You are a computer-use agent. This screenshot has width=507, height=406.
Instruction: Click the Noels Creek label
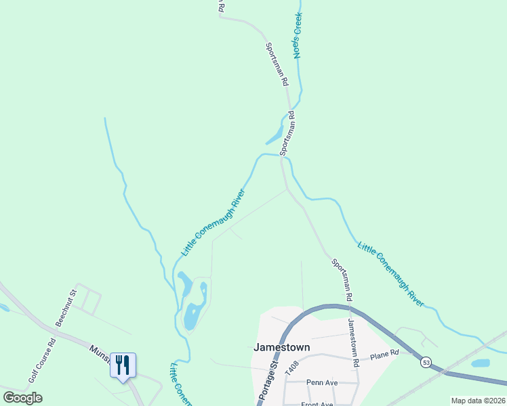(296, 35)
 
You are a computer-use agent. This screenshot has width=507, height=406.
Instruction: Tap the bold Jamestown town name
(281, 347)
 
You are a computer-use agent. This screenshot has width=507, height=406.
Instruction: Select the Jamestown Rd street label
(353, 342)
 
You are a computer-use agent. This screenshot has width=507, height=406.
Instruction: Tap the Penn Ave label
(321, 382)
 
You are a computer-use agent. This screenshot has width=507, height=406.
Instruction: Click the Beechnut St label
(67, 309)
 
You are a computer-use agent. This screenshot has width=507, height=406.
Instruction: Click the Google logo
(23, 397)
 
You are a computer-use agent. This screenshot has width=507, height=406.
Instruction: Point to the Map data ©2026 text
(478, 401)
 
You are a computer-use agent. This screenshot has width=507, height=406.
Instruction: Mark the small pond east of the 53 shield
(480, 363)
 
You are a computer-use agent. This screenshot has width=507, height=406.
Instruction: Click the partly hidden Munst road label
(100, 353)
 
